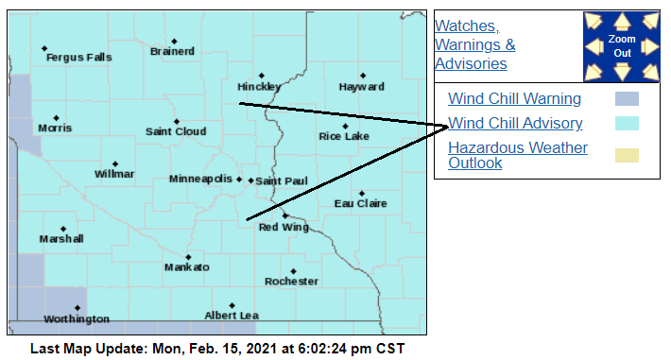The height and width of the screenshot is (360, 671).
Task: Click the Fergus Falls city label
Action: [78, 58]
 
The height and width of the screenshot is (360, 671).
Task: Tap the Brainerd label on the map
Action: [172, 51]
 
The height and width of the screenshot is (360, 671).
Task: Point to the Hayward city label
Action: [361, 87]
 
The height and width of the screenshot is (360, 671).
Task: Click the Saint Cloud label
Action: [176, 131]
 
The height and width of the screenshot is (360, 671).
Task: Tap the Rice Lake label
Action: [344, 136]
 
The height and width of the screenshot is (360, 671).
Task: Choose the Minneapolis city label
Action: [200, 179]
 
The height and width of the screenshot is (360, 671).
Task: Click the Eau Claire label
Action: [361, 203]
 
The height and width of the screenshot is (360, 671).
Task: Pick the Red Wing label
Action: [284, 227]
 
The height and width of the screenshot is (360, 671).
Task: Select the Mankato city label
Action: [186, 267]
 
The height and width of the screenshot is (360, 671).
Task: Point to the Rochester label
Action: [291, 282]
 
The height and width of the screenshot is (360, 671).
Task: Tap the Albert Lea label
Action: [232, 316]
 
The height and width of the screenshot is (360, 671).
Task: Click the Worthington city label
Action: [77, 319]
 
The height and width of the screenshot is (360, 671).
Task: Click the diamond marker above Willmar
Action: [115, 163]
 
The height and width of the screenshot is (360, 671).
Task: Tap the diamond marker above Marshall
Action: [63, 229]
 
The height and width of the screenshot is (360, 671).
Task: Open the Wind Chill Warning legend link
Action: [514, 98]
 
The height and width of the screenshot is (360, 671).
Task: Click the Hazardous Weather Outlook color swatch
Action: [626, 155]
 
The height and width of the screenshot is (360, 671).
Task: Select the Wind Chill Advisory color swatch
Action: [626, 123]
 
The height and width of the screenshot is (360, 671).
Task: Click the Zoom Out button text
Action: [622, 45]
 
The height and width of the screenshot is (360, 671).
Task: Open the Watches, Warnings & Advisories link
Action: [474, 44]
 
